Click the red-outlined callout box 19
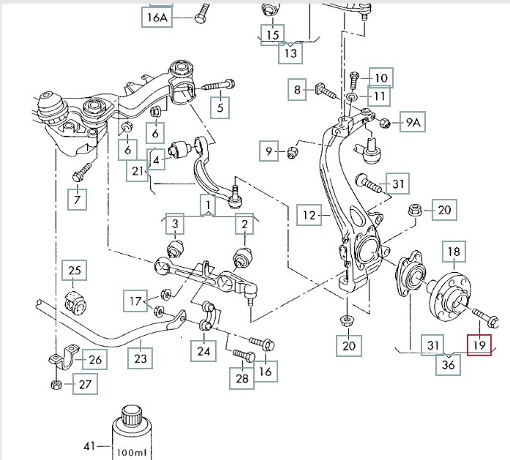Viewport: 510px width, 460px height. coord(480,344)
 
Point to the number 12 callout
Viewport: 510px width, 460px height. coord(310,215)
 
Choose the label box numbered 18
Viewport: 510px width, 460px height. coord(454,253)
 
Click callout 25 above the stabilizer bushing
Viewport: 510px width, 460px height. coord(74,271)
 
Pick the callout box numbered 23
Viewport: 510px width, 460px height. coord(140,358)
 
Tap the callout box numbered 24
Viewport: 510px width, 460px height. coord(203,351)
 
